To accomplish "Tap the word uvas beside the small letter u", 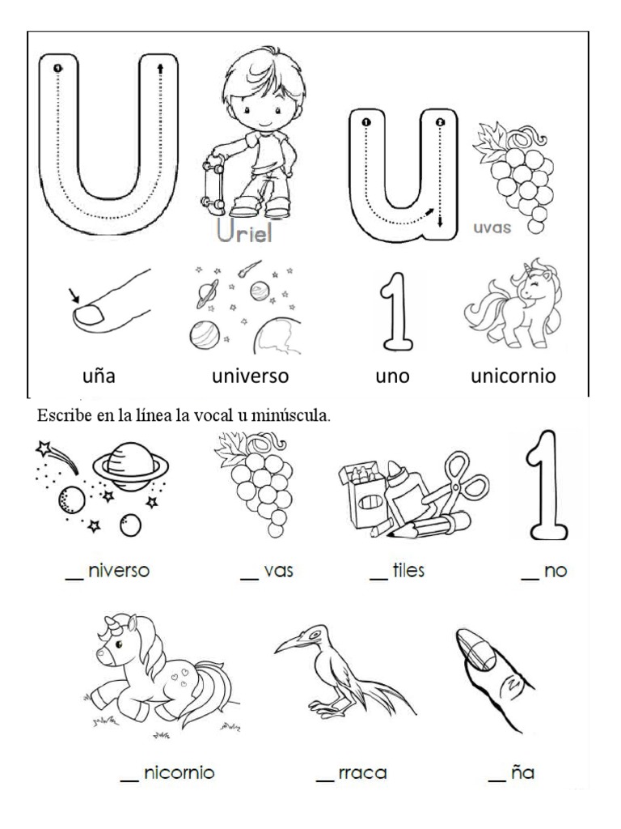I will pyautogui.click(x=492, y=228).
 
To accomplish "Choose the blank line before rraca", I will pyautogui.click(x=324, y=780).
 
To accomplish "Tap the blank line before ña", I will pyautogui.click(x=497, y=780).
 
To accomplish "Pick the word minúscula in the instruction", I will pyautogui.click(x=290, y=417).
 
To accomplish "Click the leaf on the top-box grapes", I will pyautogui.click(x=491, y=136).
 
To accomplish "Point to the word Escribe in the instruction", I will pyautogui.click(x=57, y=417).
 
